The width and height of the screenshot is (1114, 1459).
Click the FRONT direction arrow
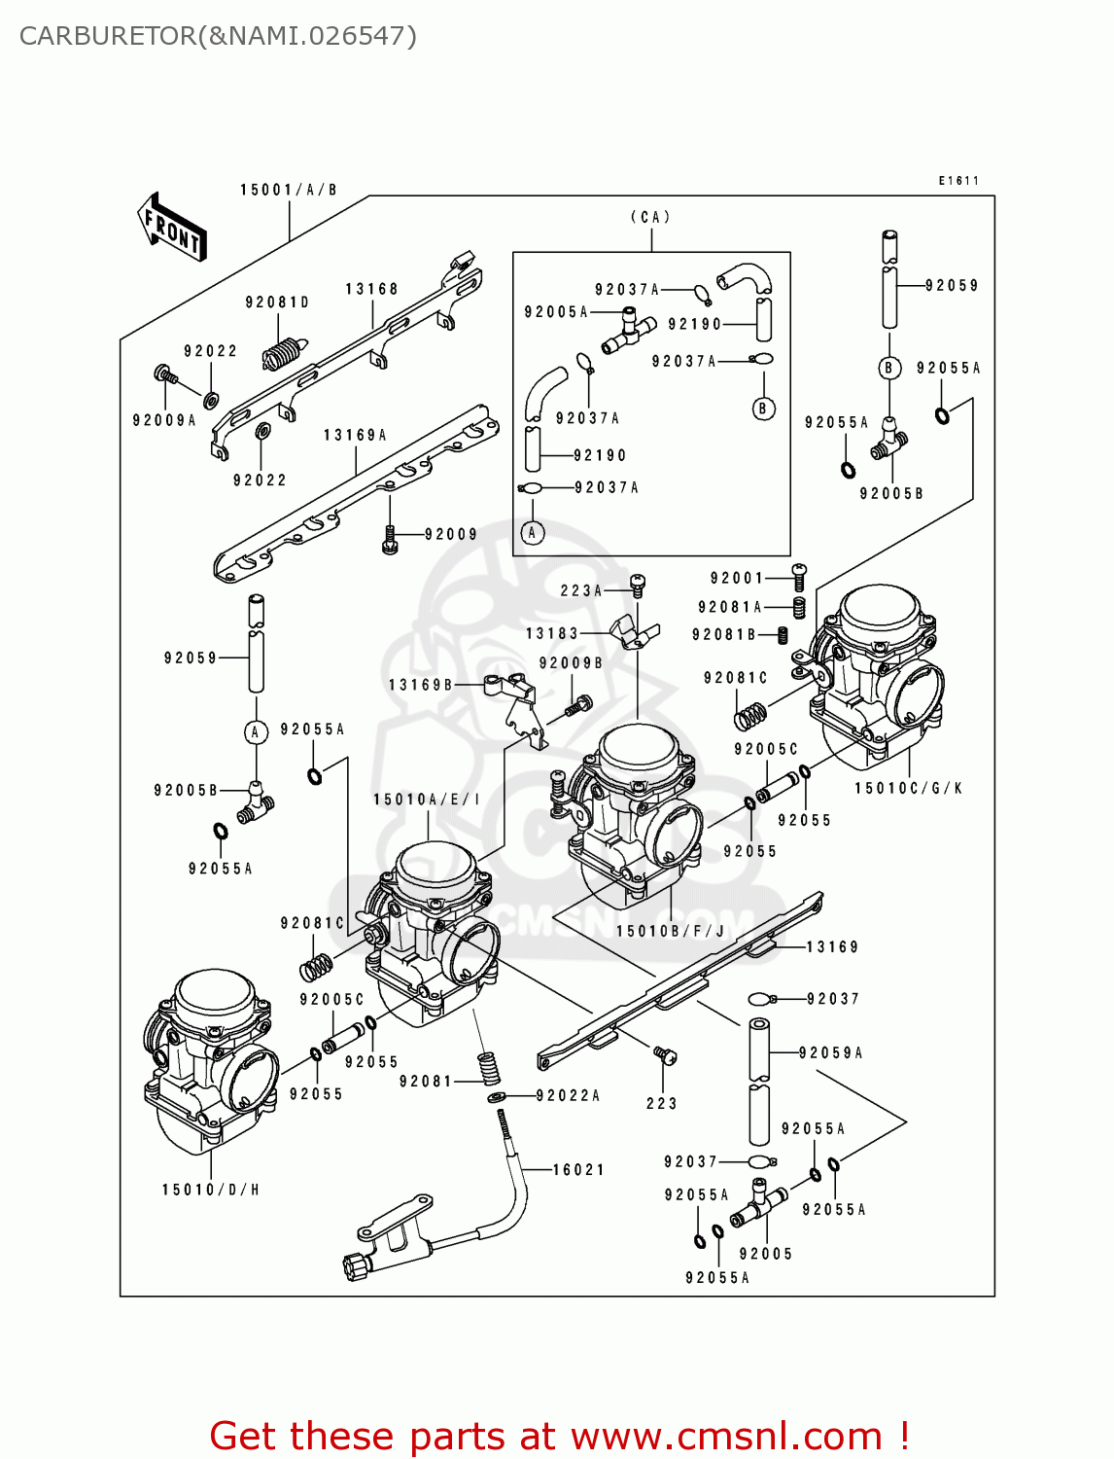click(x=173, y=228)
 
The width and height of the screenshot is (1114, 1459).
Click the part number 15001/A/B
click(x=289, y=190)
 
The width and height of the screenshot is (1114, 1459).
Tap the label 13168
click(x=371, y=289)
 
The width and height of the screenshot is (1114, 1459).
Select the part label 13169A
click(x=355, y=435)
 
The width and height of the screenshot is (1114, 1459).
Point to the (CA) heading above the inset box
click(x=650, y=217)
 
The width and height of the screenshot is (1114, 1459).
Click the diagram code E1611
click(x=958, y=181)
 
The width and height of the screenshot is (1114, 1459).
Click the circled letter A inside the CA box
click(x=532, y=533)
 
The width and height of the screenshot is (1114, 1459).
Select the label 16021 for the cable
click(x=578, y=1169)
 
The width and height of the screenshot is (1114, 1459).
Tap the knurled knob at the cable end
click(x=356, y=1266)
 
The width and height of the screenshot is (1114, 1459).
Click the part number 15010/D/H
click(x=211, y=1190)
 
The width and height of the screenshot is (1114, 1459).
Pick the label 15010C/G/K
click(x=908, y=788)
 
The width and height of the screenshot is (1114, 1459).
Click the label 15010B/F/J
click(x=671, y=931)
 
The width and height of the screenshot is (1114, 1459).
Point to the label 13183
click(x=551, y=633)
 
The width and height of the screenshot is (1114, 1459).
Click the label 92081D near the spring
click(x=277, y=302)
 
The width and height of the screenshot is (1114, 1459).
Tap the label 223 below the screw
click(x=661, y=1103)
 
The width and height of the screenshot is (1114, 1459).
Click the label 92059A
click(x=831, y=1052)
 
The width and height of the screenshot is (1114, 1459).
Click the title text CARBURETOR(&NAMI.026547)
click(x=218, y=36)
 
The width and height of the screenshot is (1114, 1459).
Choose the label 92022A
click(x=568, y=1095)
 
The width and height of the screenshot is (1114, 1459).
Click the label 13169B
click(x=420, y=685)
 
